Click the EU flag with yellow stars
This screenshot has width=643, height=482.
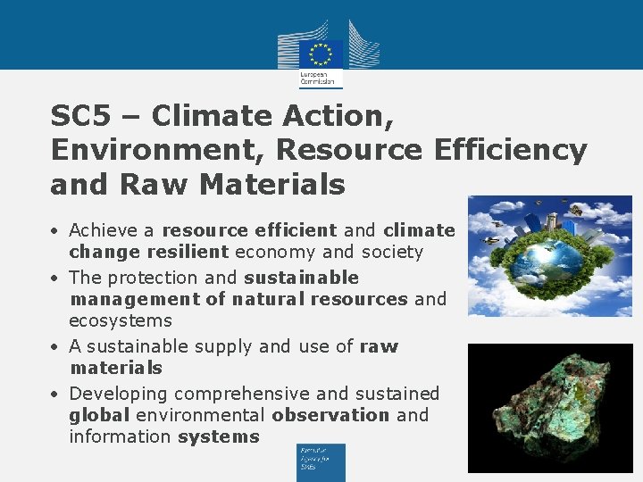pos(321,52)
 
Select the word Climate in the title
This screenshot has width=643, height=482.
pos(209,116)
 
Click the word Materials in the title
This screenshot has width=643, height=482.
pos(272,184)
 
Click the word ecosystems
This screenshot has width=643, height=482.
pos(121,320)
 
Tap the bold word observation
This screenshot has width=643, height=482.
pos(331,415)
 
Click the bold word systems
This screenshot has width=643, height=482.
pos(219,436)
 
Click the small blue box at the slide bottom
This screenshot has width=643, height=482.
pos(321,461)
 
